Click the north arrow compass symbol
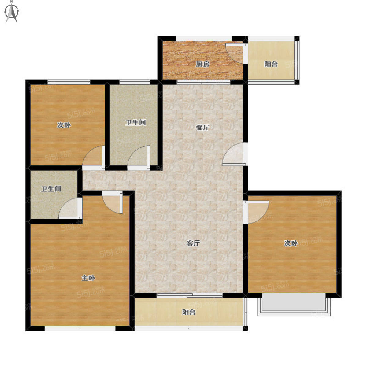pos(12,12)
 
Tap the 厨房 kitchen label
pos(203,64)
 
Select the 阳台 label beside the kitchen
pos(271,64)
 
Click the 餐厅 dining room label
pos(203,128)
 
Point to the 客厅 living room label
pos(193,243)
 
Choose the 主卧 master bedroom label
pos(88,278)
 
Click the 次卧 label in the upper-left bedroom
pos(64,125)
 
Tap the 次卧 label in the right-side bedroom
pos(291,243)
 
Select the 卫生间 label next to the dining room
pos(135,122)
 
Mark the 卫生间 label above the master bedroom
pos(51,189)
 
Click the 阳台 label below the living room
pos(189,312)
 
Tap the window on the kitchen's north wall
pos(204,38)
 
